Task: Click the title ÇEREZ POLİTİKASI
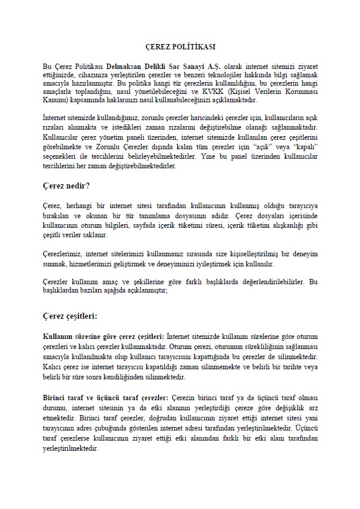pyautogui.click(x=180, y=46)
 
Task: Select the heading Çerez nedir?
pyautogui.click(x=66, y=186)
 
